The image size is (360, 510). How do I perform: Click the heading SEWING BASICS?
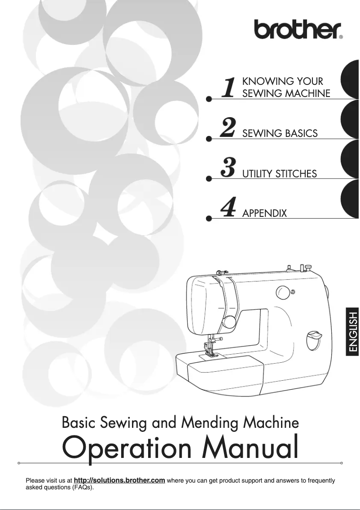(280, 133)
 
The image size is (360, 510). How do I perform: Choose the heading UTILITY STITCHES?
(280, 173)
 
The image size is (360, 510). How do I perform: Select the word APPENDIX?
(264, 213)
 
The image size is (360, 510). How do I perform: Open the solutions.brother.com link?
(119, 481)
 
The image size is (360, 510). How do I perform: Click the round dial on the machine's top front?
(283, 293)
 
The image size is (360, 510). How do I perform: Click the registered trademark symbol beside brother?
(341, 38)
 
